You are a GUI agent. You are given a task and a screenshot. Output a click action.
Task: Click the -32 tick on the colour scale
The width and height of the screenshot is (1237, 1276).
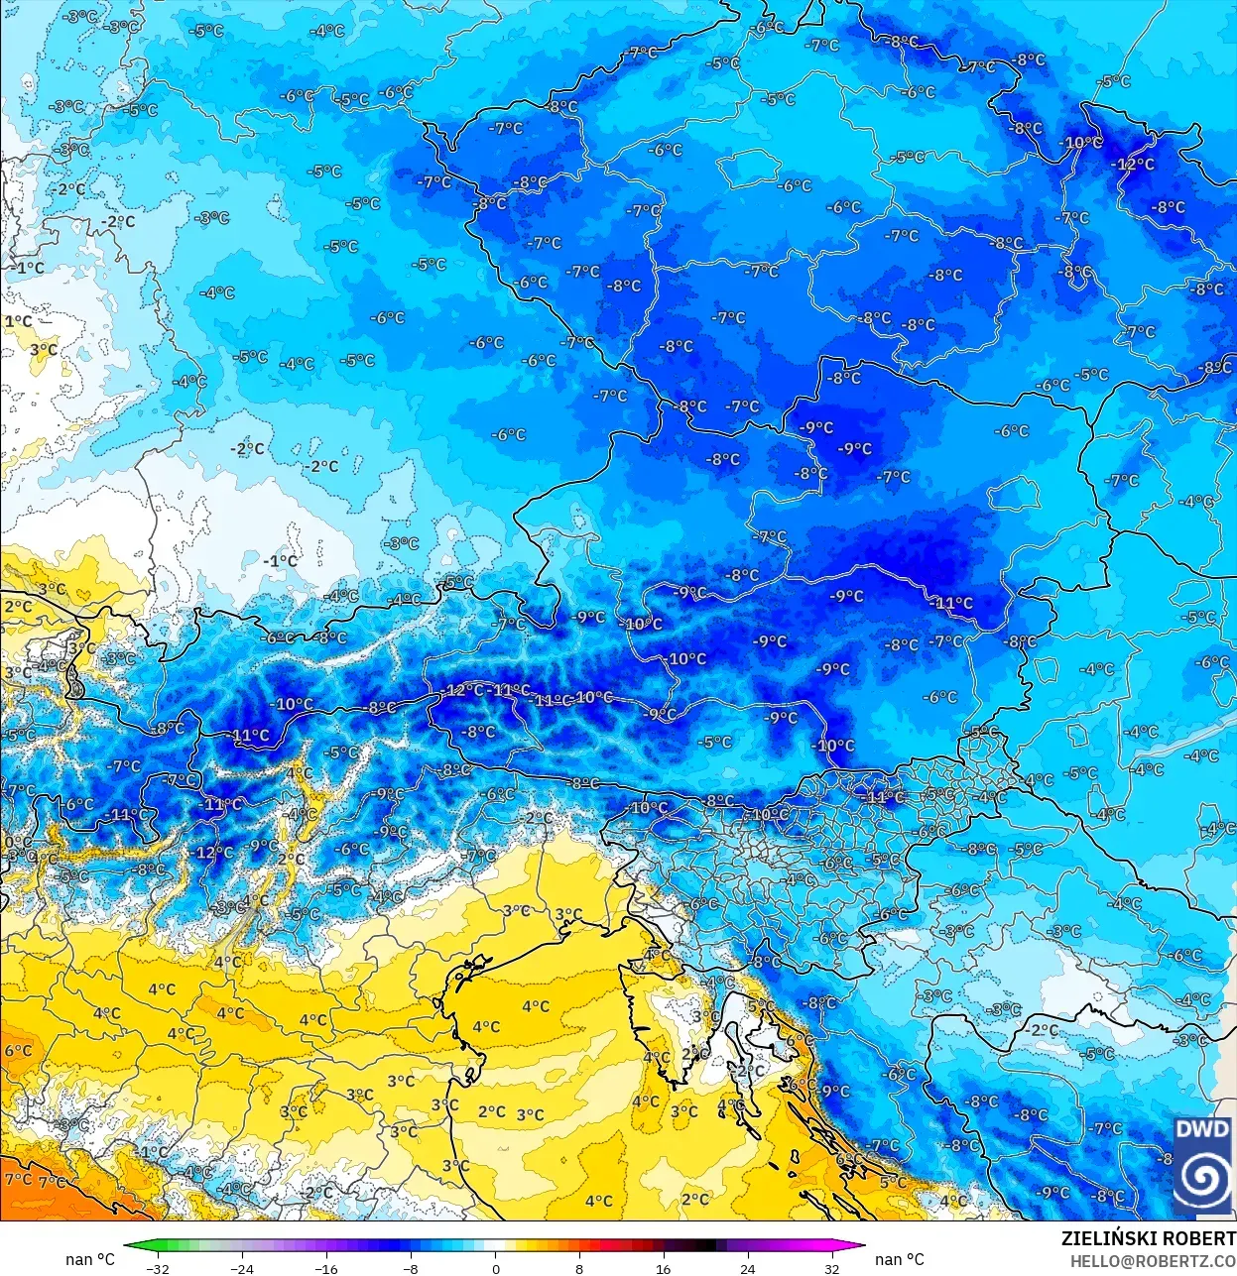coord(157,1268)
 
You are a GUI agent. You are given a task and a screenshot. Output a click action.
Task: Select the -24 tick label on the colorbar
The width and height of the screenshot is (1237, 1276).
coord(241,1268)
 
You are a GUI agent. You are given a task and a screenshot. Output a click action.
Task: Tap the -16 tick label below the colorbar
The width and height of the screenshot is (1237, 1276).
coord(325,1268)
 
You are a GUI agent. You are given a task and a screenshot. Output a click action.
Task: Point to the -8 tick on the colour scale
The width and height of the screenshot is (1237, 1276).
coord(411,1268)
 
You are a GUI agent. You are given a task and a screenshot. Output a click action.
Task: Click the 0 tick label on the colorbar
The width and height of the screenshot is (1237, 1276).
coord(495,1268)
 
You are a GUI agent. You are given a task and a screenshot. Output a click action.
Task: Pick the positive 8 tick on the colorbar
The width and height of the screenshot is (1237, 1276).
coord(579,1268)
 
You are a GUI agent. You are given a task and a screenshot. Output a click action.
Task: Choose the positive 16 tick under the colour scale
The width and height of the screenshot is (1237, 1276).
coord(663,1268)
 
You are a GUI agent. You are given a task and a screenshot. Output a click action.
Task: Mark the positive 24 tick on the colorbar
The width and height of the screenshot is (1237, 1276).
coord(747,1268)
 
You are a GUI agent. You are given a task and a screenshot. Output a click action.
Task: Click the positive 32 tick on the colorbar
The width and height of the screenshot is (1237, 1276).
coord(831,1268)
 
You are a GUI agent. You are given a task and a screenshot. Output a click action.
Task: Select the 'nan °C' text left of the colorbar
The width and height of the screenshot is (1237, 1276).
coord(90,1259)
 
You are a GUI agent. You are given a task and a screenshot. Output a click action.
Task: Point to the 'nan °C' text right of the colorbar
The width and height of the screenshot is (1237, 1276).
coord(899,1259)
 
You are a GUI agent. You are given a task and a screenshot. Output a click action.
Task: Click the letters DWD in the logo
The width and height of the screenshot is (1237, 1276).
coord(1202,1129)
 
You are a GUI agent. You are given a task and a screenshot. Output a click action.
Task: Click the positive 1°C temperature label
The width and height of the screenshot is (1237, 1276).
coord(18,321)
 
